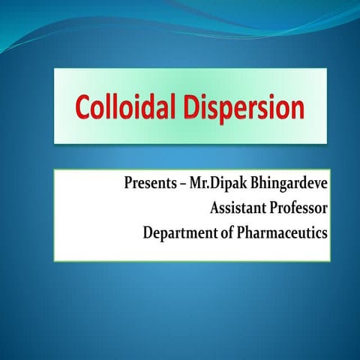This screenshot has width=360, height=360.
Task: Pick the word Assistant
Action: [229, 208]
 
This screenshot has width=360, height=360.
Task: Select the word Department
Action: [178, 233]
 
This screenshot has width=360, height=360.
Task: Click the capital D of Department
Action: [148, 232]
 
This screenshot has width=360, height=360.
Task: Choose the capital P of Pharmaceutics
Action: [239, 232]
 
